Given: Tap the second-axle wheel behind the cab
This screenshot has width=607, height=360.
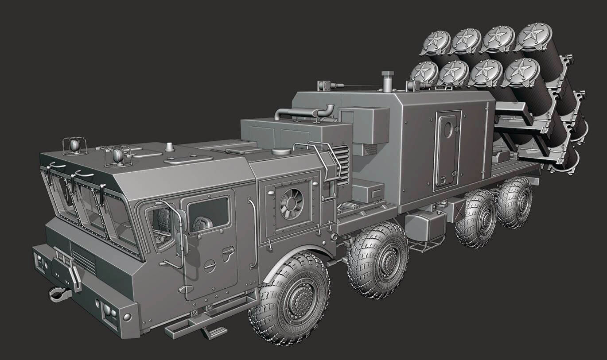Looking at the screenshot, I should [x=377, y=259].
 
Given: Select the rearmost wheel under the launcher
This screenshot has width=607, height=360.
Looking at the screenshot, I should [x=515, y=203].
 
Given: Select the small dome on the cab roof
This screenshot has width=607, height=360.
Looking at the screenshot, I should [x=169, y=146].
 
